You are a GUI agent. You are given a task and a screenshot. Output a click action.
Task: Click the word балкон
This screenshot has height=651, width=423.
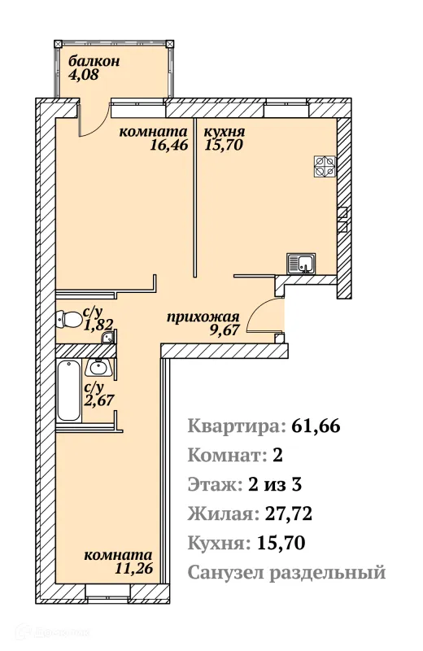(94, 60)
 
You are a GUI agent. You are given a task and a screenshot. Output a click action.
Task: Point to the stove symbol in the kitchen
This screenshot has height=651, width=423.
(326, 166)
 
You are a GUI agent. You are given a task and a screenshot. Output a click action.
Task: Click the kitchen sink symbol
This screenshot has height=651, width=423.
(302, 264)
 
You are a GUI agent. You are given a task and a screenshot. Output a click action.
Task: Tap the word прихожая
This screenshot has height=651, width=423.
(203, 317)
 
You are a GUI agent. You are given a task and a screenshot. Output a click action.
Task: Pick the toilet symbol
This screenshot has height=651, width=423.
(67, 320)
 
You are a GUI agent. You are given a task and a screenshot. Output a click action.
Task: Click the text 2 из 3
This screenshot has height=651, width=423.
(275, 485)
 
